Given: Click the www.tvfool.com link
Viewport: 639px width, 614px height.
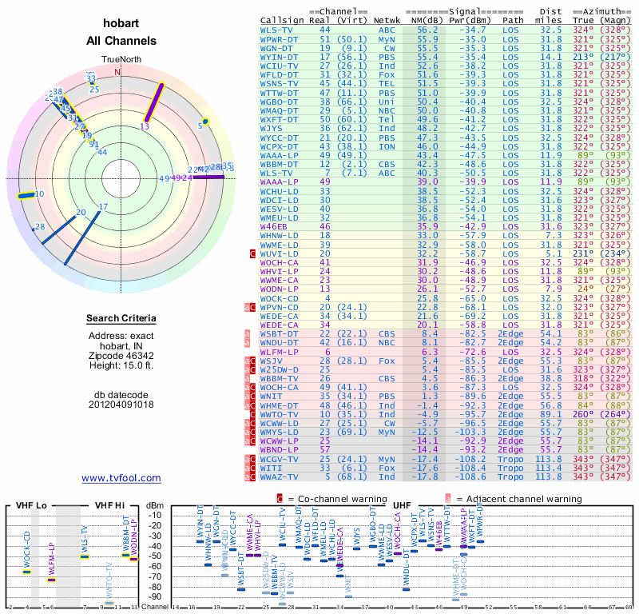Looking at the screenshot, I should pos(121,478).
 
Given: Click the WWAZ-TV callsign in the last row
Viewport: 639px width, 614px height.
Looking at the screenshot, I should pos(280,476).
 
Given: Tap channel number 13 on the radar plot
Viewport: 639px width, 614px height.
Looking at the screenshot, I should pos(145,126).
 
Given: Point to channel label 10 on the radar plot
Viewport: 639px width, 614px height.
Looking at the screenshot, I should pos(39,193).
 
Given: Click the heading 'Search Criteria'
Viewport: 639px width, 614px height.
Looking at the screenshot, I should pos(121,319).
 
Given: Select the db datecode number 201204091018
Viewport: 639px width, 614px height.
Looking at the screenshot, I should pos(121,405).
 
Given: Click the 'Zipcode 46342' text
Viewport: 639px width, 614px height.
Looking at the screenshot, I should pos(121,356).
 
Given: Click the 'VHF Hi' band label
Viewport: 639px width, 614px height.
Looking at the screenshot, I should pos(111,505).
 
